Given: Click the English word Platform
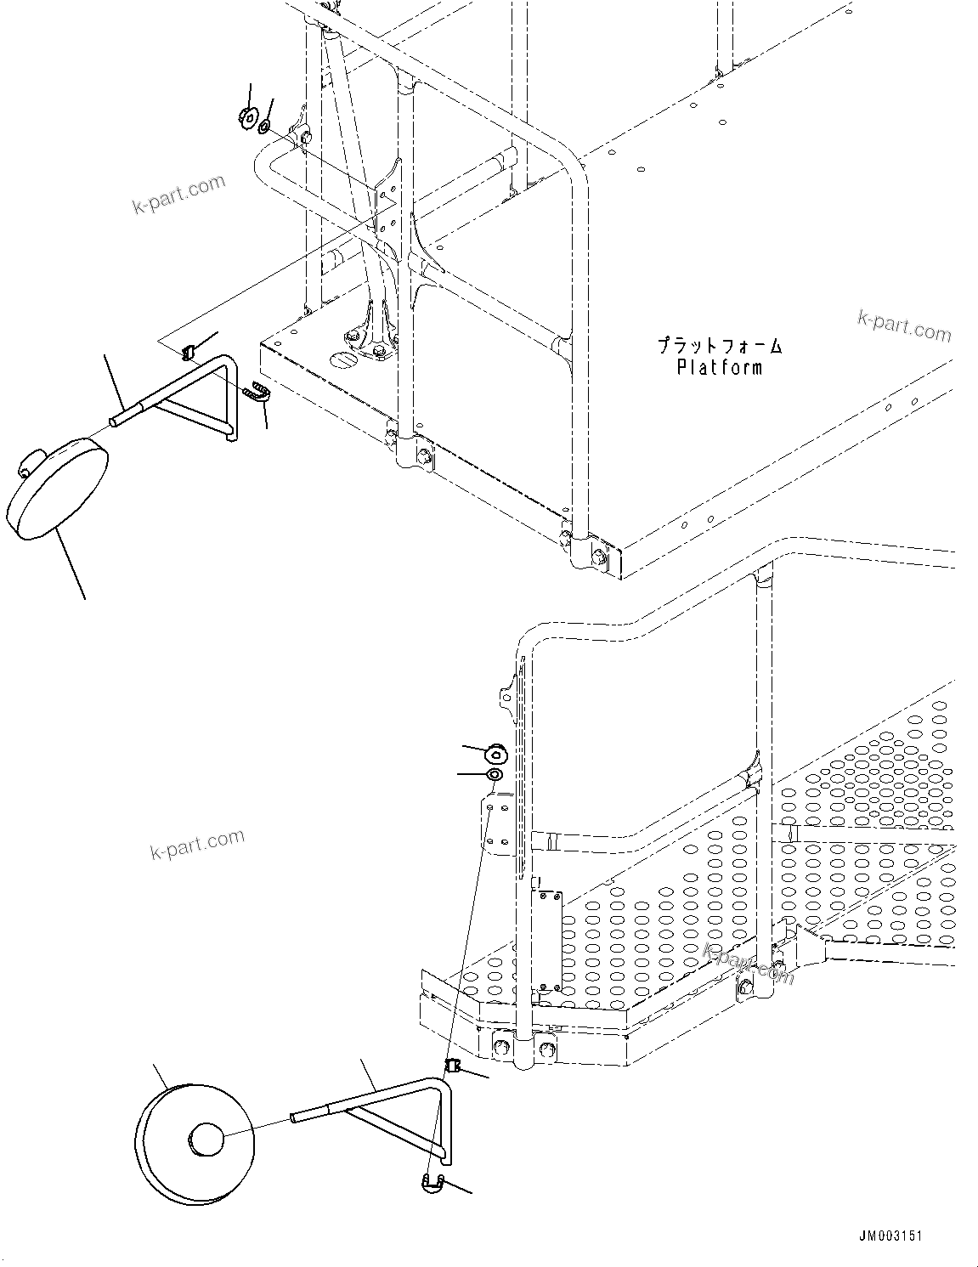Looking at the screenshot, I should coord(719,367).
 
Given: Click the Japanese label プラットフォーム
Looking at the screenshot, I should coord(719,346).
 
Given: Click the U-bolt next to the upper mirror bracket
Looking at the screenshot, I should coord(257,393).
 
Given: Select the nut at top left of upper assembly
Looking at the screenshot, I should coord(248,116).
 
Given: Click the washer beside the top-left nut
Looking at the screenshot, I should coord(264,127).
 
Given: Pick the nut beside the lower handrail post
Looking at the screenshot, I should coord(496,752).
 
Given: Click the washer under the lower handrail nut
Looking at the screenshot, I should coord(494,775).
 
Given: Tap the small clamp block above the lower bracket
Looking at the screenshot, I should coord(453,1066).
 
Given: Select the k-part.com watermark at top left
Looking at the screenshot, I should coord(178,195).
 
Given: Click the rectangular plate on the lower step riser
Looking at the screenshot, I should coord(547,940).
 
